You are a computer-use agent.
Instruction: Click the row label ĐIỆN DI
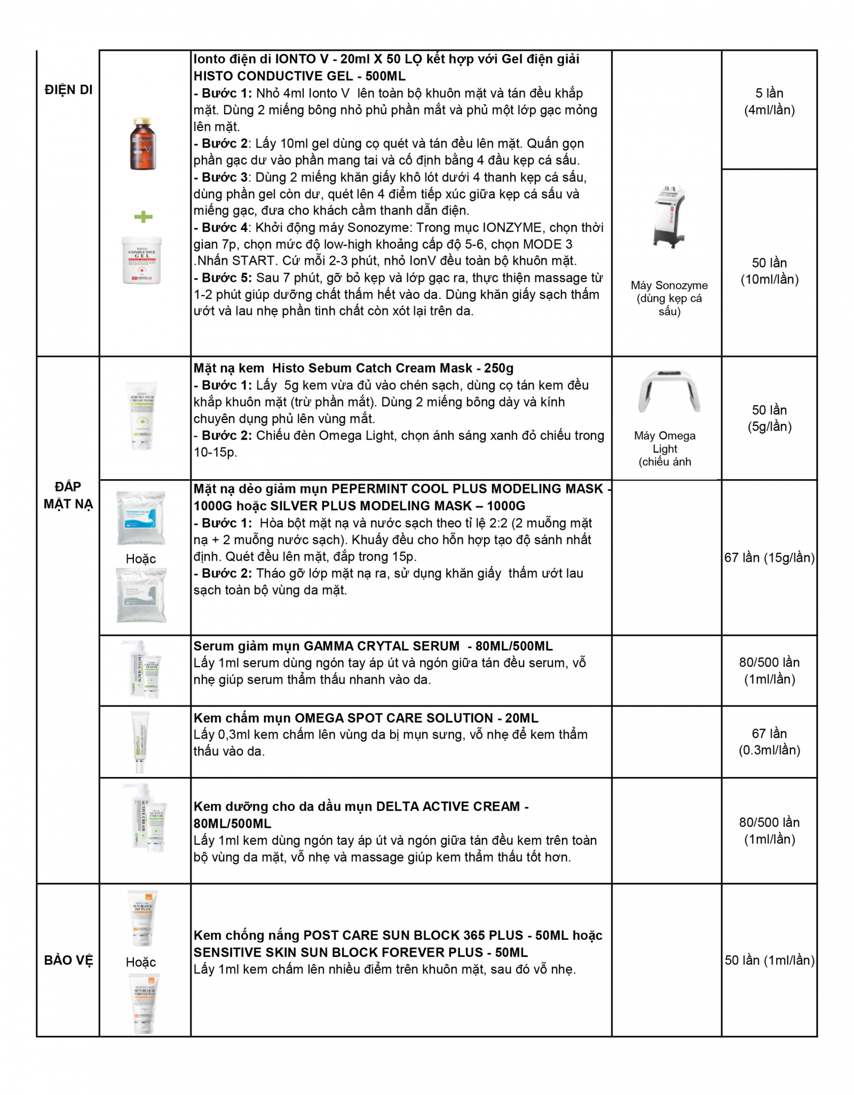[x=68, y=90]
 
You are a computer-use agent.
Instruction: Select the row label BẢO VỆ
[x=68, y=960]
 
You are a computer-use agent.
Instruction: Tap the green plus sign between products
[x=143, y=217]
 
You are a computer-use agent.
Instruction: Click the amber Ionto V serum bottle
[x=143, y=144]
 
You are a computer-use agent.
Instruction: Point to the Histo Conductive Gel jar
[x=141, y=260]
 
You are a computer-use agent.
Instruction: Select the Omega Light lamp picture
[x=669, y=392]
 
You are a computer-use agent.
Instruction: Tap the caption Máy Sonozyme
[x=669, y=285]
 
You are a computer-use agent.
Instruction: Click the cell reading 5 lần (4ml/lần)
[x=769, y=101]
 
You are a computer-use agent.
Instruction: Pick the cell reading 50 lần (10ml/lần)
[x=769, y=271]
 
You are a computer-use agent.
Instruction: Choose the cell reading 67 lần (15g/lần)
[x=769, y=558]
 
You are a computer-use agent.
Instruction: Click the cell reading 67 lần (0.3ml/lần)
[x=769, y=742]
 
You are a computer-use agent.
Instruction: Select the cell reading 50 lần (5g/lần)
[x=769, y=418]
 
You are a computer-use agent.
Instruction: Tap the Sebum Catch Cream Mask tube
[x=143, y=415]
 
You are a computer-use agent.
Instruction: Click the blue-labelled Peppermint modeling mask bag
[x=141, y=518]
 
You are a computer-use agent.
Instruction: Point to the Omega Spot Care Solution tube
[x=140, y=742]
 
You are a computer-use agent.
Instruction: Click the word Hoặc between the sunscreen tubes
[x=141, y=962]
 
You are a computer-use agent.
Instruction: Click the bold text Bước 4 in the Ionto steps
[x=224, y=227]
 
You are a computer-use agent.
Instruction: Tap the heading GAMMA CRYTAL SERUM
[x=381, y=646]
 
